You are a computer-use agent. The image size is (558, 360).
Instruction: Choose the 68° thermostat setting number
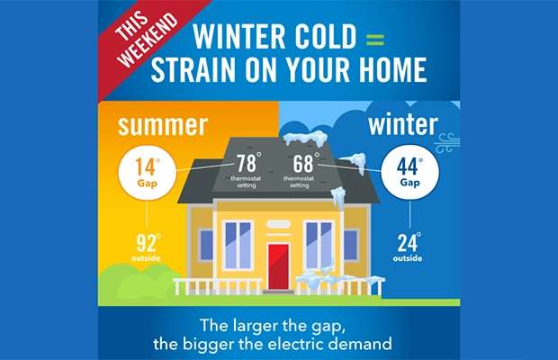point(304,165)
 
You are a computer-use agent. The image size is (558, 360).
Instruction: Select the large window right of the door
point(319,244)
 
